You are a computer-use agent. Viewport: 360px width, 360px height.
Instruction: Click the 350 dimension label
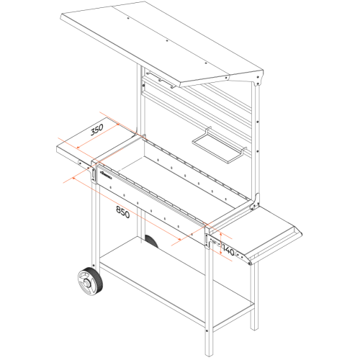96,129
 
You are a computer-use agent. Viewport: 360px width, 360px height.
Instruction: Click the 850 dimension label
123,212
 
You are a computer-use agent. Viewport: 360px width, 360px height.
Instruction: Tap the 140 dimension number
228,250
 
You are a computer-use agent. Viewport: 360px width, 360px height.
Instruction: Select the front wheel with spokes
91,281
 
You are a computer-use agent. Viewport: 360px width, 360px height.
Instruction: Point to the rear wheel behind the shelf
152,241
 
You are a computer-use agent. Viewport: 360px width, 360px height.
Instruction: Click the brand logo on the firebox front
106,175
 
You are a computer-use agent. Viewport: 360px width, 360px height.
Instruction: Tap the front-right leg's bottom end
209,355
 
